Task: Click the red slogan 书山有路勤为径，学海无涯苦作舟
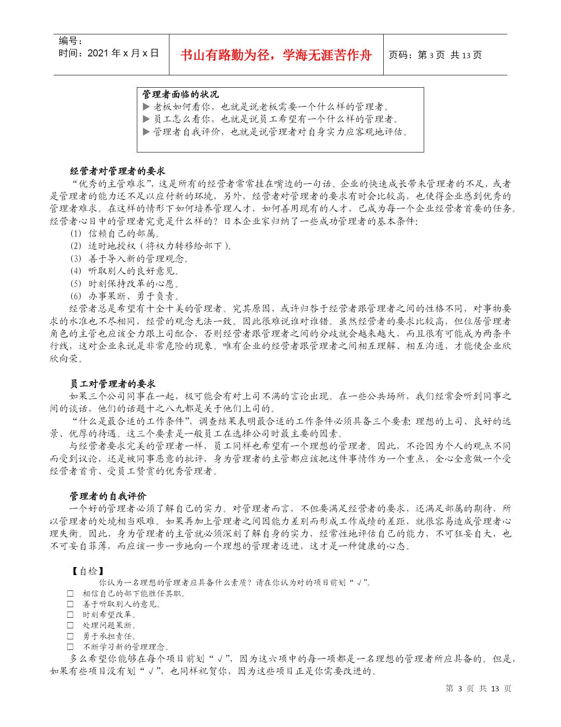coord(276,55)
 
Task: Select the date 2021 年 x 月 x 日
coord(109,53)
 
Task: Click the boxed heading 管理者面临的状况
coord(180,94)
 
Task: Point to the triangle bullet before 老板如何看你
coord(147,107)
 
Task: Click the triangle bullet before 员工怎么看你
coord(147,119)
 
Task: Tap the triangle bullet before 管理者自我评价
coord(147,132)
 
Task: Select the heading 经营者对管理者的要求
coord(117,171)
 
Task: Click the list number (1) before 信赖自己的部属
coord(76,234)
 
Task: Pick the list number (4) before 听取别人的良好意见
coord(76,271)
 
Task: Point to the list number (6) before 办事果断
coord(76,296)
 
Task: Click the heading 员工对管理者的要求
coord(113,384)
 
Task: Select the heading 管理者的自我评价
coord(108,496)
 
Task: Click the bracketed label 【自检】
coord(88,571)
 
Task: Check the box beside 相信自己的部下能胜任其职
coord(70,593)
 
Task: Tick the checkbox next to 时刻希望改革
coord(70,615)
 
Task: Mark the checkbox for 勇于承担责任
coord(70,636)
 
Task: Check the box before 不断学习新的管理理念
coord(70,647)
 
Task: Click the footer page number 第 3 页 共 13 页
coord(478,688)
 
